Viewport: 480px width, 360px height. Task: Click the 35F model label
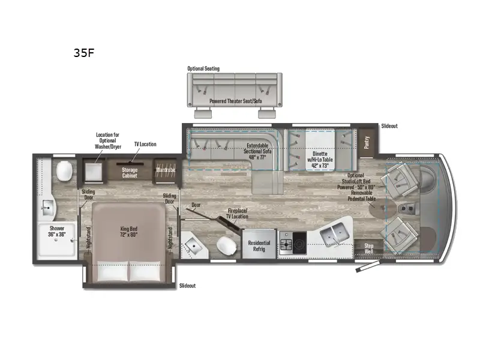84,52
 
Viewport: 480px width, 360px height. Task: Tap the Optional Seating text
203,68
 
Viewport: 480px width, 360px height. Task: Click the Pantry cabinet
367,143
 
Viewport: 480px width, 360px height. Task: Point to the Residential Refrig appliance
259,247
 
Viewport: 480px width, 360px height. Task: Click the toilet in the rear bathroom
65,172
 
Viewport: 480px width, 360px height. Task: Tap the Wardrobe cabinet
166,170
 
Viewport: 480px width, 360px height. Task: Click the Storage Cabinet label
130,173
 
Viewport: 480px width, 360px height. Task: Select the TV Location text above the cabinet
145,145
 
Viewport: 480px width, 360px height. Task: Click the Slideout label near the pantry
389,127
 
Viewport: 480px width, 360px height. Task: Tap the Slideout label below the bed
187,286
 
